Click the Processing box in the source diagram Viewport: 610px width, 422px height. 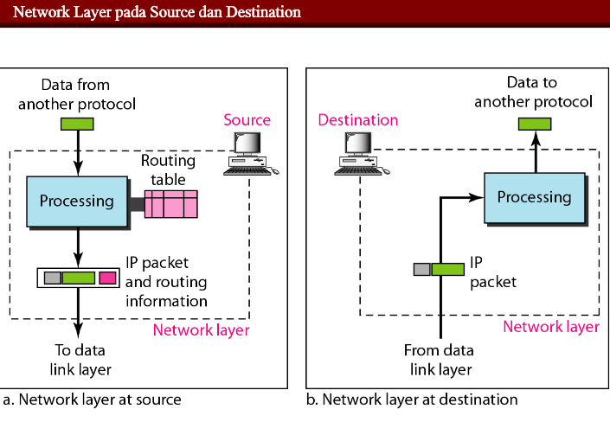click(77, 201)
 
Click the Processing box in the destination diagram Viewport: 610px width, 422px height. click(534, 196)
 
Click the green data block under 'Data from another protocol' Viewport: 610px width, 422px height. click(77, 124)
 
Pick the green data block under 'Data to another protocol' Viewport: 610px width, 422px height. click(534, 124)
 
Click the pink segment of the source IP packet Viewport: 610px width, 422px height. click(107, 278)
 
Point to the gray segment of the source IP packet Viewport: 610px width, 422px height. click(52, 278)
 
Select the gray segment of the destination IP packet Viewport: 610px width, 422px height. click(422, 269)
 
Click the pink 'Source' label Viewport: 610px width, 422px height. click(247, 120)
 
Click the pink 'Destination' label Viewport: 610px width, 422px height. click(357, 120)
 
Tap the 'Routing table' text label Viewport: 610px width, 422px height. click(169, 169)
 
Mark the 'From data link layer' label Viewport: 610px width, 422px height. click(438, 360)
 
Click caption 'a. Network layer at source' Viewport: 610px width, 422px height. click(92, 400)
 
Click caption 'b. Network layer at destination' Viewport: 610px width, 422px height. click(412, 400)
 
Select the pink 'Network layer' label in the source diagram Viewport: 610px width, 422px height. click(201, 329)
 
